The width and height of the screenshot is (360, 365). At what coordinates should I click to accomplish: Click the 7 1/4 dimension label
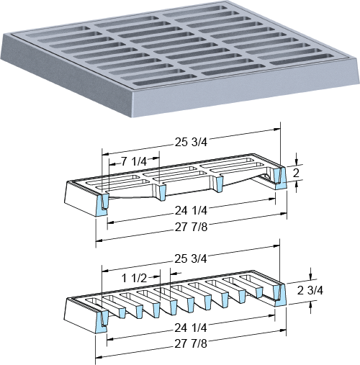pos(134,162)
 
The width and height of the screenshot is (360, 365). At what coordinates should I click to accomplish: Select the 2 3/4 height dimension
pos(310,291)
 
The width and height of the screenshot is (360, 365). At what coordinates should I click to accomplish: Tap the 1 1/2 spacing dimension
pos(134,279)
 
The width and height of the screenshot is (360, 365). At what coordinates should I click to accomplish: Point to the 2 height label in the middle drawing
pos(296,173)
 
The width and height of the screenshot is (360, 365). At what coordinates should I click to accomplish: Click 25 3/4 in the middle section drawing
pos(191,143)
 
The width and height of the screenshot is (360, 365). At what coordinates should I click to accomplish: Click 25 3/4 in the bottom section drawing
pos(191,259)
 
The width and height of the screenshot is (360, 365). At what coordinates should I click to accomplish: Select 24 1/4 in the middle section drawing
pos(191,211)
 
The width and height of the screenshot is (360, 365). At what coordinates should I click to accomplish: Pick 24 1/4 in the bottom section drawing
pos(191,328)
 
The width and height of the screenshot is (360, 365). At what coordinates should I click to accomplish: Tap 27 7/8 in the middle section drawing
pos(191,227)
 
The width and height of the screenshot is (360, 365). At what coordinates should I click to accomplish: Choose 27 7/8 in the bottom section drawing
pos(191,344)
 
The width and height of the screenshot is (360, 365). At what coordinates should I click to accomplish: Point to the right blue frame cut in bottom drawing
pos(279,294)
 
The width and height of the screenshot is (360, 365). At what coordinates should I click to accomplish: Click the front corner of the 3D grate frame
pos(132,117)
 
